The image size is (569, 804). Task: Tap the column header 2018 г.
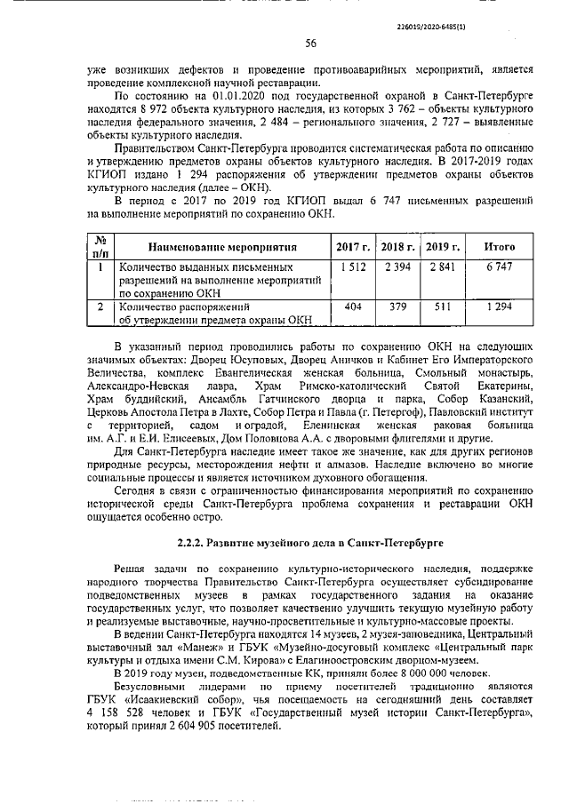[x=397, y=246]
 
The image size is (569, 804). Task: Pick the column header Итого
[x=499, y=246]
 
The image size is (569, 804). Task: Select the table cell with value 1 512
[x=352, y=267]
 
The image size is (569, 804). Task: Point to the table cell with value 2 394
[x=397, y=267]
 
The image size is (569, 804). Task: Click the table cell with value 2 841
[x=442, y=267]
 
